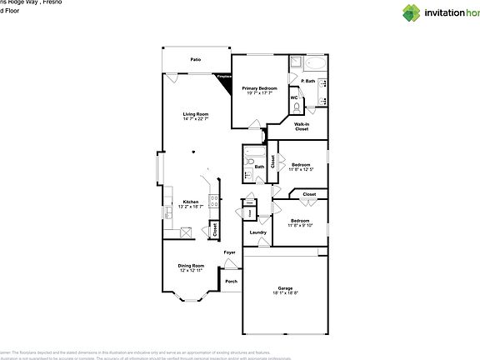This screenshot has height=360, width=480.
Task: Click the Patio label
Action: tap(196, 60)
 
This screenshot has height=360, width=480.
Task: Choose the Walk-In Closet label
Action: tap(302, 127)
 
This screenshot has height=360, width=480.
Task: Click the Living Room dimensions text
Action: tap(196, 119)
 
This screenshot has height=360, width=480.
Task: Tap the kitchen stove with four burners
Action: tap(214, 200)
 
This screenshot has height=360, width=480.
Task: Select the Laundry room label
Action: tap(258, 232)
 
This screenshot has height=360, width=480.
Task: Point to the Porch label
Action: tap(231, 281)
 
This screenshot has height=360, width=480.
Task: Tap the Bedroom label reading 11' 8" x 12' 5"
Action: tap(300, 167)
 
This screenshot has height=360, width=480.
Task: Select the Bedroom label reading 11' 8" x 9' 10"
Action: tap(299, 222)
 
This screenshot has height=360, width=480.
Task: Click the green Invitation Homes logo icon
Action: tap(387, 12)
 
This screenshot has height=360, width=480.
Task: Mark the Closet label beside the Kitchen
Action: tap(215, 228)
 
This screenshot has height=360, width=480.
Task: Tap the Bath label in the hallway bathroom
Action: tap(259, 167)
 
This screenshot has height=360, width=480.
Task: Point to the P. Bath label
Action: tap(308, 81)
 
